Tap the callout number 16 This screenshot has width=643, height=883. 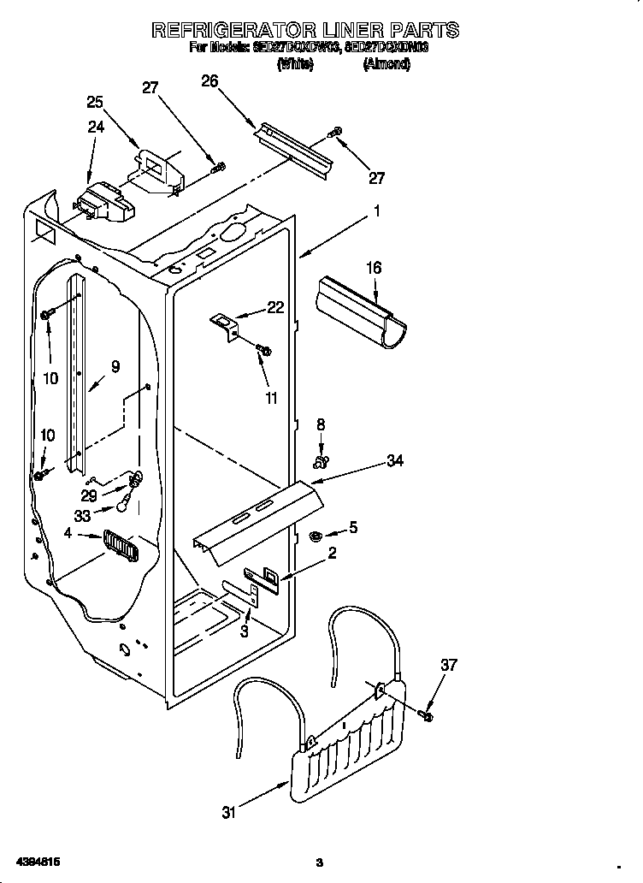pyautogui.click(x=374, y=269)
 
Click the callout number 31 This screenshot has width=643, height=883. pyautogui.click(x=228, y=813)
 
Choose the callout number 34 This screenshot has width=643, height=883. pyautogui.click(x=394, y=461)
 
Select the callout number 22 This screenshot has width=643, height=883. pyautogui.click(x=275, y=308)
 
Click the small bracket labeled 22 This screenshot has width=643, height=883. pyautogui.click(x=226, y=324)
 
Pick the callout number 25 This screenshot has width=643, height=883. pyautogui.click(x=95, y=102)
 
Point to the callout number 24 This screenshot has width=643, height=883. pyautogui.click(x=95, y=127)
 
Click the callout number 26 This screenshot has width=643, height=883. pyautogui.click(x=209, y=81)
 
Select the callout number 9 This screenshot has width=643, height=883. pyautogui.click(x=115, y=366)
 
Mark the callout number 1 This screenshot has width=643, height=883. pyautogui.click(x=377, y=209)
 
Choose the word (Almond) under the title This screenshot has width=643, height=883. pyautogui.click(x=386, y=64)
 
